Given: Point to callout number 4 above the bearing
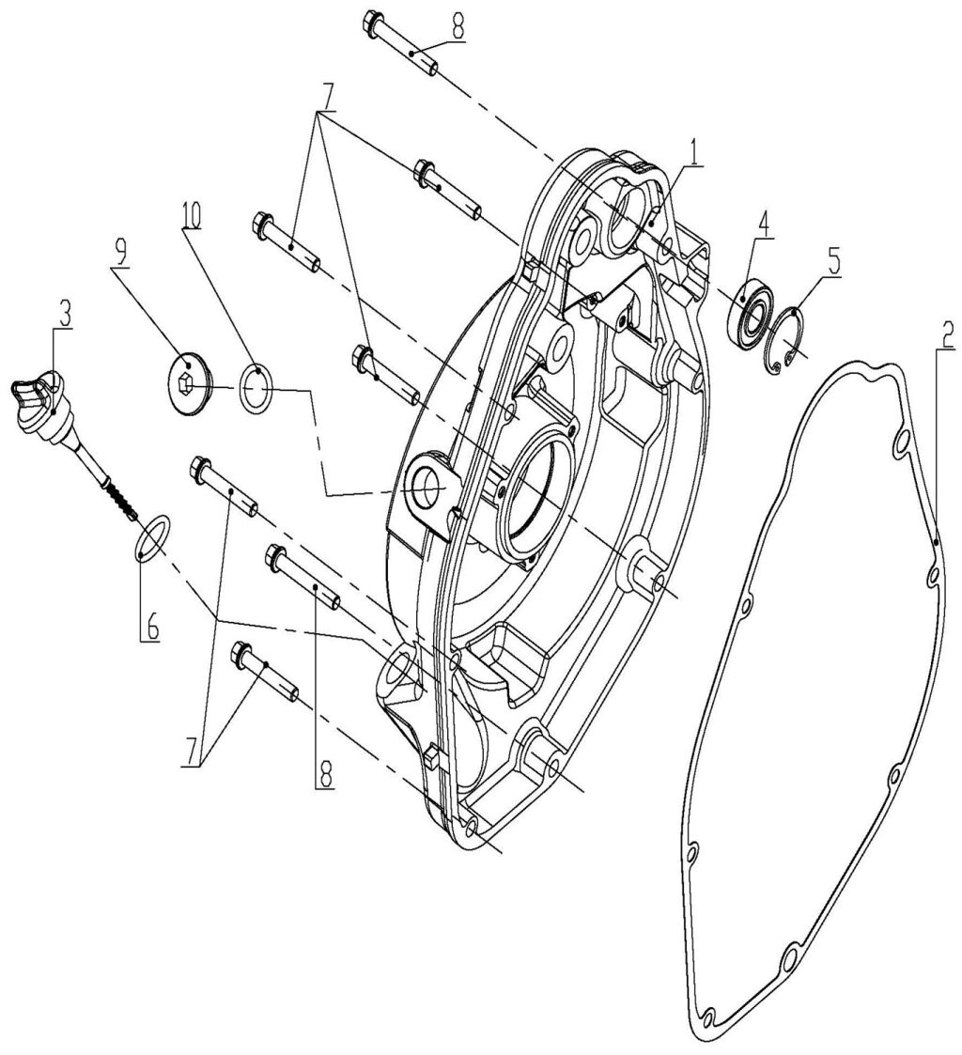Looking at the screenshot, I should [764, 225].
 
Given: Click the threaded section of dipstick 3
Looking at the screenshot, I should [121, 504].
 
